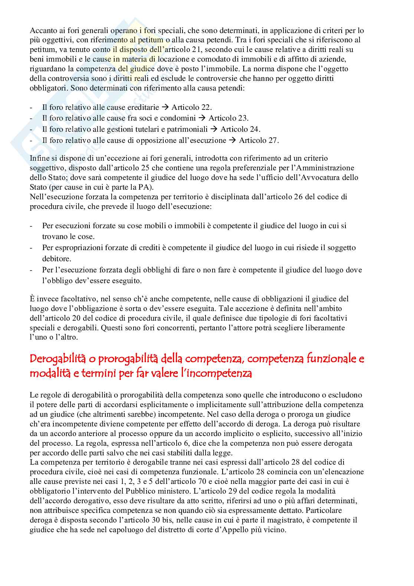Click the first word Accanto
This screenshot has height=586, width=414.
coord(42,30)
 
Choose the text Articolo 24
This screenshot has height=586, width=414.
coord(240,129)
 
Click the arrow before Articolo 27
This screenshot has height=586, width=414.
coord(232,140)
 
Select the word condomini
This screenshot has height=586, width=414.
coord(177,118)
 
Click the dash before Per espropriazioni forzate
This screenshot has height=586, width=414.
coord(31,248)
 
